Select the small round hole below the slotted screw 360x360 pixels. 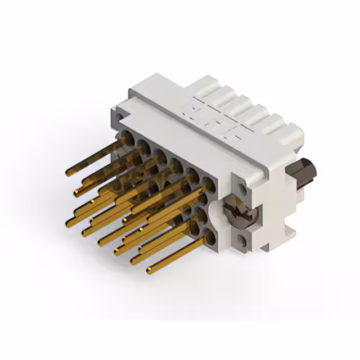pyautogui.click(x=242, y=240)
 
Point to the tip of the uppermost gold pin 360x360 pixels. pyautogui.click(x=67, y=172)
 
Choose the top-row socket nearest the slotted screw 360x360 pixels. pyautogui.click(x=209, y=182)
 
